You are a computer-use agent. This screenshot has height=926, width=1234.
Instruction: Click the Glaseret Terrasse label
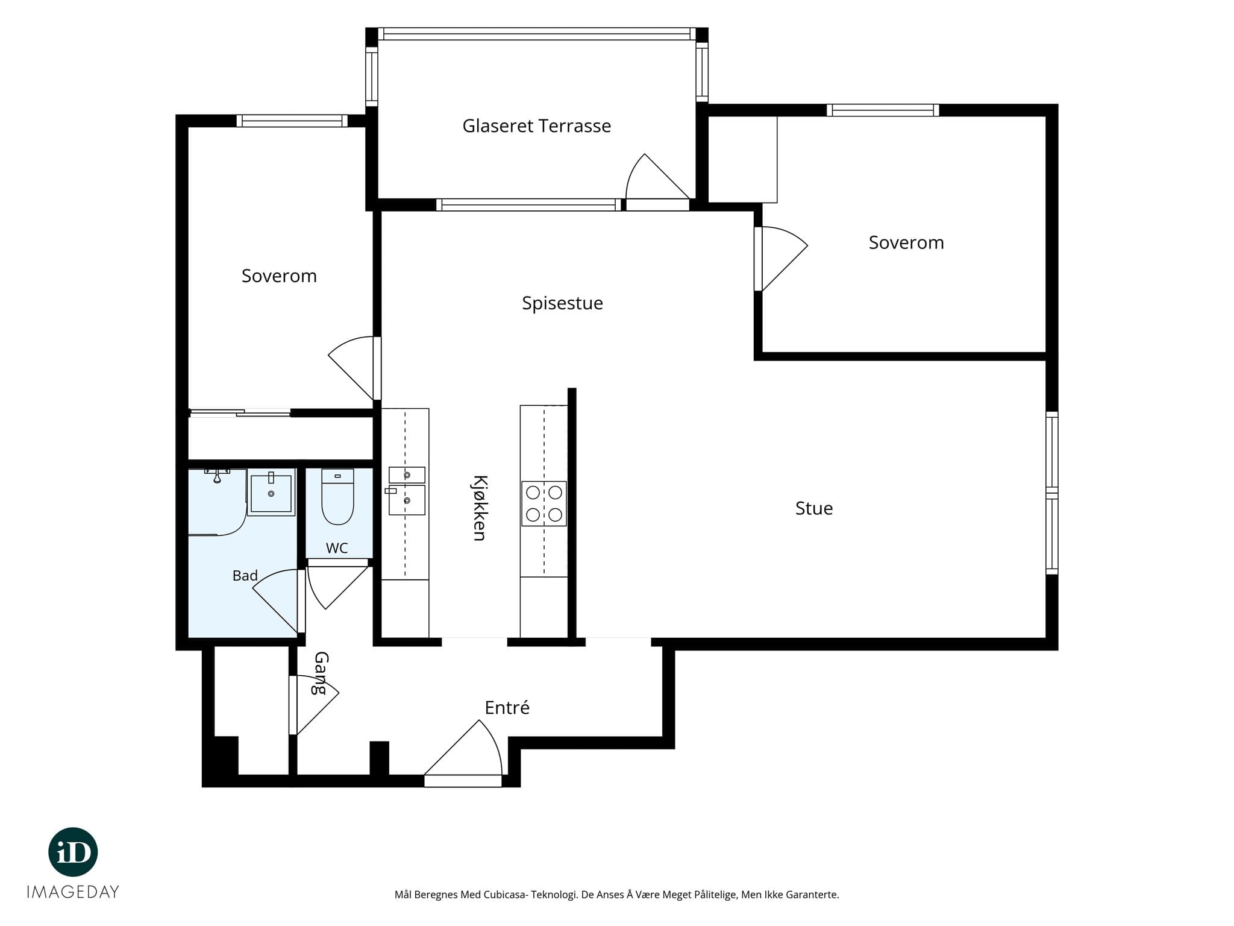pos(536,125)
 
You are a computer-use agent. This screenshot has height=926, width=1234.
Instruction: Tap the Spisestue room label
pos(562,303)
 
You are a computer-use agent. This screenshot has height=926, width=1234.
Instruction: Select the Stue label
pos(814,508)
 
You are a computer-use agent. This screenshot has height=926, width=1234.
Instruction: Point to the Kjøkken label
pos(479,508)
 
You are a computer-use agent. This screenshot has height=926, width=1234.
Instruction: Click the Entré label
pos(507,707)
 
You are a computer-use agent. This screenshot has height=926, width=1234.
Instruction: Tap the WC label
pos(337,548)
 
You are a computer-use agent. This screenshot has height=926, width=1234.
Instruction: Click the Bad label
pos(245,576)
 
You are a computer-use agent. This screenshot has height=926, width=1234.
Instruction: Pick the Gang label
pos(320,673)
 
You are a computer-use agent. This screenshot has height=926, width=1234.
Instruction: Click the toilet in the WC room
pos(337,497)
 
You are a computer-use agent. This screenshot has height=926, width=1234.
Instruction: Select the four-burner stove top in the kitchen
pos(544,503)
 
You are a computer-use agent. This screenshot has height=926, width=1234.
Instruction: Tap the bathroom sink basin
pos(271,493)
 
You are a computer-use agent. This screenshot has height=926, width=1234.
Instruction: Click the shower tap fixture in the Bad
pos(217,475)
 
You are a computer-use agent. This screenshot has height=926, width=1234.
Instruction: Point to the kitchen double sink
pos(407,491)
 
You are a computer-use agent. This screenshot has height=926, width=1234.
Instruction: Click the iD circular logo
pos(73,852)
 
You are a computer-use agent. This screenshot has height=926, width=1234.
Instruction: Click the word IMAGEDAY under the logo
pos(73,892)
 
